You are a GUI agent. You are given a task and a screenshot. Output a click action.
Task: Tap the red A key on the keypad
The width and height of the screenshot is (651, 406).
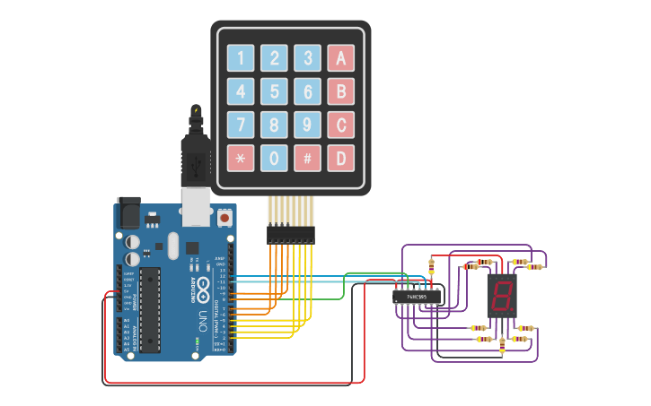pos(340,58)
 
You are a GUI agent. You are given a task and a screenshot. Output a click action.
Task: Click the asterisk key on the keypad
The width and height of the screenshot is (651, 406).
pos(241,159)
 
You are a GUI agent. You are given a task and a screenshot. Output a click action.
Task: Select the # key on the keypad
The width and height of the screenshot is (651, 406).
pos(307,159)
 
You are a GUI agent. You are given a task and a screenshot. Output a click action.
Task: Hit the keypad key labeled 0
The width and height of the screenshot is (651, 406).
pos(274,159)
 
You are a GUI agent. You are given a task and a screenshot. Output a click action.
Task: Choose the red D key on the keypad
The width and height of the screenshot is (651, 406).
pos(340,159)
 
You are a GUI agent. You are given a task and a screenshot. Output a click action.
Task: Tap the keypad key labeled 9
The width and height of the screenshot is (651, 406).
pos(307,125)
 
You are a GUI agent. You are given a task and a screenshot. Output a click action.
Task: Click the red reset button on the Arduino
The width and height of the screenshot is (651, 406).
pos(223,217)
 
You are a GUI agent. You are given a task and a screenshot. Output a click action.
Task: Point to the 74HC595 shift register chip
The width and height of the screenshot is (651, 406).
pos(417,296)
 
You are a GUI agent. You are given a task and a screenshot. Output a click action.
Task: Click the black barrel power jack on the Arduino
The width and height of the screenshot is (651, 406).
pos(128,214)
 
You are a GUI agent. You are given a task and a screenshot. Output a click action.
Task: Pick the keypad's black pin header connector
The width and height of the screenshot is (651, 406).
pos(291,235)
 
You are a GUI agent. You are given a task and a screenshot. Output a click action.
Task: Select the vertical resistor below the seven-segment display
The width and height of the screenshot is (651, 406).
pos(501,343)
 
